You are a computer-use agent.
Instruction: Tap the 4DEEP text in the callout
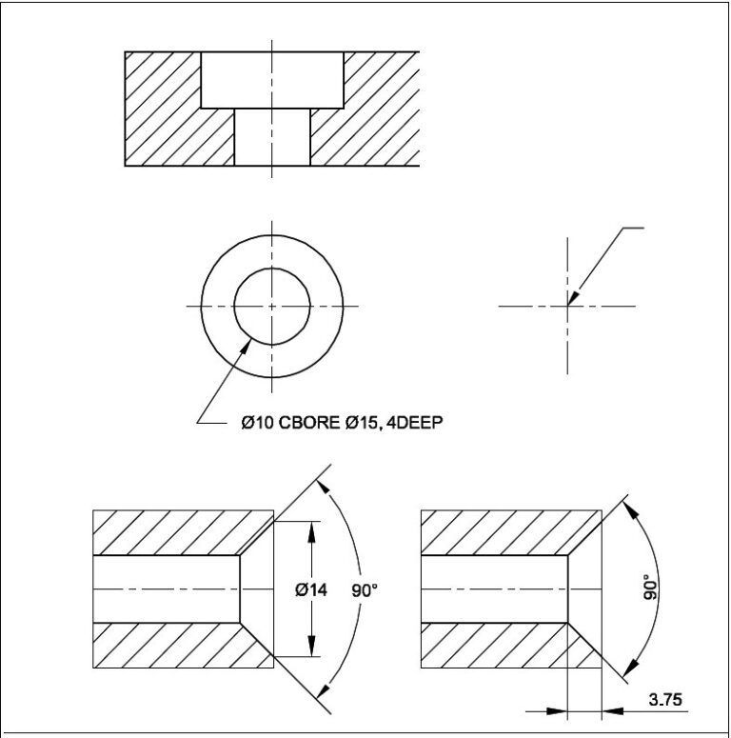416,422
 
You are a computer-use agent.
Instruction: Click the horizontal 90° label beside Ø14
365,590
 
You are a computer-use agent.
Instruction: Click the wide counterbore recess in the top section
272,80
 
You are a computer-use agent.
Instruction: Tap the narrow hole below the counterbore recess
272,138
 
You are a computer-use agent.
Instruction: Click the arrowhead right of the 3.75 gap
610,708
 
